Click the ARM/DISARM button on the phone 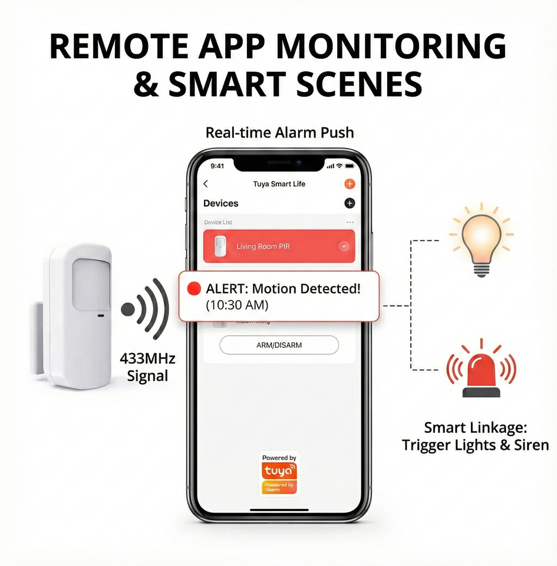pyautogui.click(x=279, y=345)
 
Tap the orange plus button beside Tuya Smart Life pyautogui.click(x=350, y=184)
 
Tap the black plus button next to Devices pyautogui.click(x=350, y=203)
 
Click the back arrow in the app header pyautogui.click(x=206, y=184)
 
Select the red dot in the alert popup pyautogui.click(x=193, y=289)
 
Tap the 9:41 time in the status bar pyautogui.click(x=217, y=166)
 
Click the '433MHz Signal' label pyautogui.click(x=147, y=367)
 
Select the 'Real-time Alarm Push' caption pyautogui.click(x=279, y=133)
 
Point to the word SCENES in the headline pyautogui.click(x=355, y=84)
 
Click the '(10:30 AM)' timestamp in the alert pyautogui.click(x=237, y=305)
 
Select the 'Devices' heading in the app pyautogui.click(x=221, y=203)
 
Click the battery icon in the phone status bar pyautogui.click(x=350, y=166)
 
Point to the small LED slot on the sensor pyautogui.click(x=101, y=316)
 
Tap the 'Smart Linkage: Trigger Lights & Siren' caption pyautogui.click(x=475, y=436)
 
